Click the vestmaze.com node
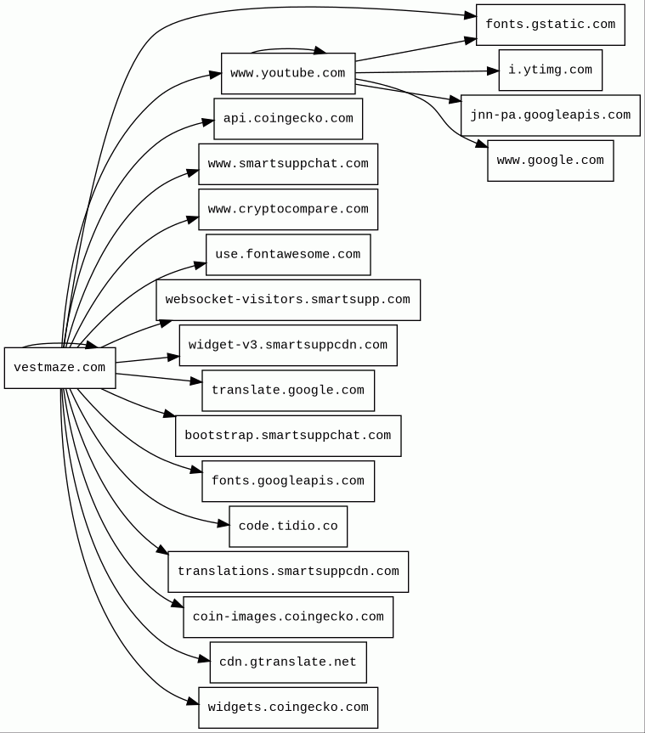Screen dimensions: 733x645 59,368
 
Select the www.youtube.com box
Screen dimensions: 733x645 288,74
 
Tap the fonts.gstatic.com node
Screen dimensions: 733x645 550,25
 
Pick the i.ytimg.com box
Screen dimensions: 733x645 550,70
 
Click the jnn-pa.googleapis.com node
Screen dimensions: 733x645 550,116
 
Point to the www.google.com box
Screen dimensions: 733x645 550,161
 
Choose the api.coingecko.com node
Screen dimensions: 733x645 288,119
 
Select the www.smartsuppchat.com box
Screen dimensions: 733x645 288,164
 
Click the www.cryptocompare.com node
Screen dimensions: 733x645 288,210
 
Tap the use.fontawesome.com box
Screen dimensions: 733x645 288,255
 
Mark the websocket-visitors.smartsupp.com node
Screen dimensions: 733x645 288,300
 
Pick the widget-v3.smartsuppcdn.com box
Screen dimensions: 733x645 288,346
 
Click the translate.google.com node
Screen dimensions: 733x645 288,391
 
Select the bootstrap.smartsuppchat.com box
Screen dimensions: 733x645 288,436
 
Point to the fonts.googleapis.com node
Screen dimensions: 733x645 288,482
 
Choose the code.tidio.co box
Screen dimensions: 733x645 288,527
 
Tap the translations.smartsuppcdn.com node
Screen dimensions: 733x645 288,572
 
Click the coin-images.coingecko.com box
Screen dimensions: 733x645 288,617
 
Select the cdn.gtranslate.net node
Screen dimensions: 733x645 288,663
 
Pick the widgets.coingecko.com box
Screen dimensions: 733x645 288,708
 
